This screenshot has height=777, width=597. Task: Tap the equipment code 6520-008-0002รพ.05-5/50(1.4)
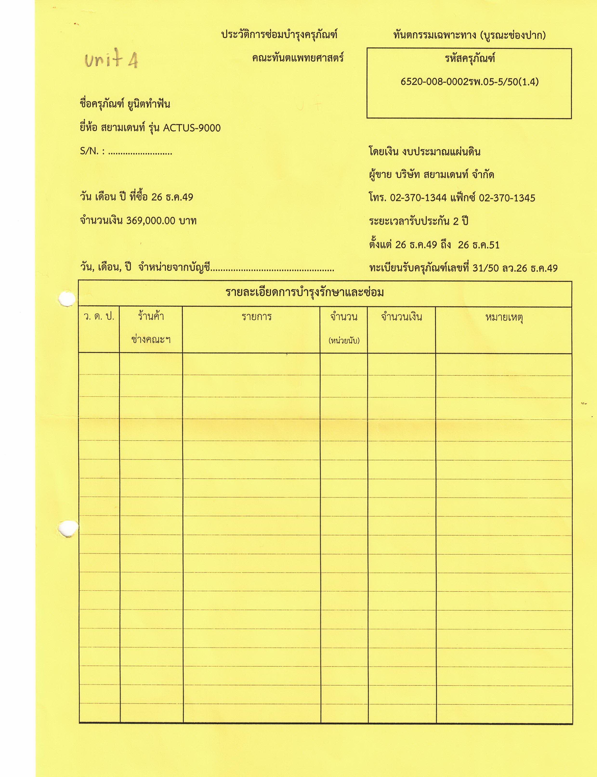click(x=469, y=82)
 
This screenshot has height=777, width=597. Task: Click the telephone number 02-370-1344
click(x=418, y=198)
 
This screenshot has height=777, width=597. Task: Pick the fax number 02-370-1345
click(x=507, y=198)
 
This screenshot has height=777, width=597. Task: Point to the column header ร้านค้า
click(x=151, y=316)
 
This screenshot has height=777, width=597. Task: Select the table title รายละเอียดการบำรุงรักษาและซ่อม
click(x=305, y=293)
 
